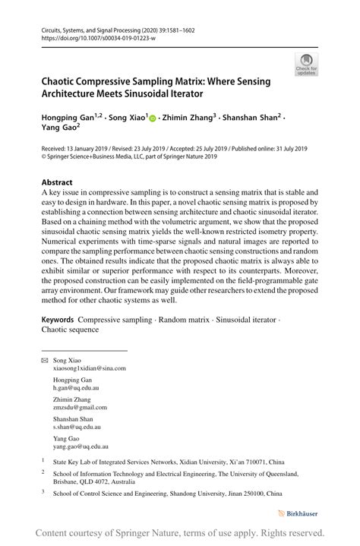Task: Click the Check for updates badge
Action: coord(307,65)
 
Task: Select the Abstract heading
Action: coord(57,182)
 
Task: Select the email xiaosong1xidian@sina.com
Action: coord(90,368)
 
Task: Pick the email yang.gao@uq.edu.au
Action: coord(81,447)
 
